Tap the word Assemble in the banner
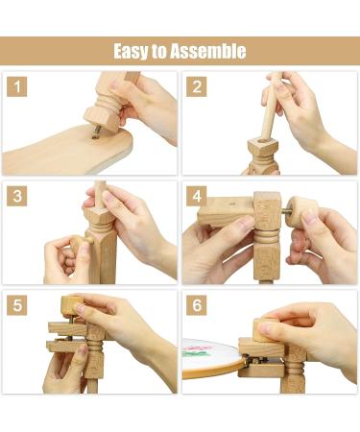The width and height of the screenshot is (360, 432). pos(208,51)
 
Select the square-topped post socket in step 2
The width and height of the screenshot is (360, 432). pos(259,151)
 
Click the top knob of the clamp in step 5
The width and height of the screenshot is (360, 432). pos(69,306)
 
